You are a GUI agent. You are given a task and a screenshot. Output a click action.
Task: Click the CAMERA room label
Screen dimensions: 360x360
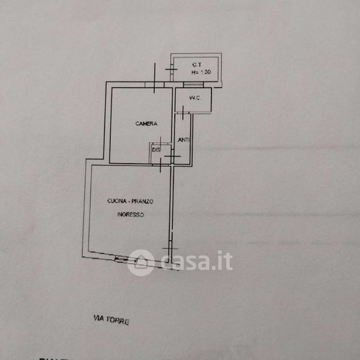click(146, 124)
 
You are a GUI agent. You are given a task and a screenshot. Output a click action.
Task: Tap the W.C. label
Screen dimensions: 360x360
click(193, 98)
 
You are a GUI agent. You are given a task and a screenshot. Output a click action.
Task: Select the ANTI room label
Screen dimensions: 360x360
click(184, 140)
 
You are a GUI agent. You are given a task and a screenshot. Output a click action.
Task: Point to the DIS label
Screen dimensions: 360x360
click(156, 150)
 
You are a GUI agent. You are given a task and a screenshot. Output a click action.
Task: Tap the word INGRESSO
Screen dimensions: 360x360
click(130, 214)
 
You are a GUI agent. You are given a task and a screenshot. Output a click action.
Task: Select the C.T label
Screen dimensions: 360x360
click(196, 64)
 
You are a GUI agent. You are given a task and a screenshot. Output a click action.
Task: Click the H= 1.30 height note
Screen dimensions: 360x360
click(201, 73)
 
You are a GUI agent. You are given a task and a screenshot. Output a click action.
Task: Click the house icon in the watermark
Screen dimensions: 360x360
click(140, 262)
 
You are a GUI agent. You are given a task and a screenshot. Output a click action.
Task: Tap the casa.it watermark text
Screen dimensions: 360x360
click(196, 262)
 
